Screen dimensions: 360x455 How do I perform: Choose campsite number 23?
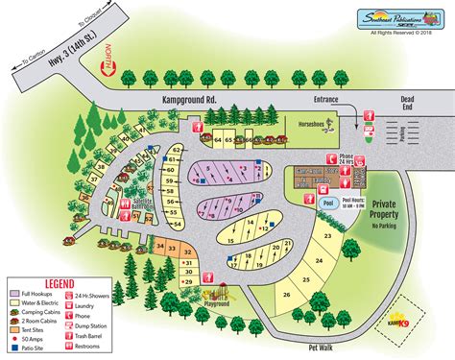click(328, 234)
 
